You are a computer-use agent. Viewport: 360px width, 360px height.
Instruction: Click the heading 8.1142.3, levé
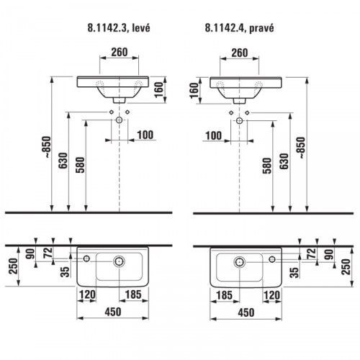(119, 28)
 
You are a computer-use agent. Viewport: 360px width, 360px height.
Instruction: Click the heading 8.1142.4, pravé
(239, 28)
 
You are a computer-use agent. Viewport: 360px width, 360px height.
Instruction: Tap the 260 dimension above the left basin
(120, 52)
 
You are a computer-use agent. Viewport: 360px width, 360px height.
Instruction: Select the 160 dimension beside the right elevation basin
(194, 91)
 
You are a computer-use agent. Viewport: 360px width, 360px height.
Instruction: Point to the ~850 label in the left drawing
(47, 147)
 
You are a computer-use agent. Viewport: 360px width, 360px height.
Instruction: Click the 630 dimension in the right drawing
(284, 161)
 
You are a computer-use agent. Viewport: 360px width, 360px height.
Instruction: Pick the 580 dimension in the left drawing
(80, 165)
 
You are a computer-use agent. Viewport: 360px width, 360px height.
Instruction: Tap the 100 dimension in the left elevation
(145, 135)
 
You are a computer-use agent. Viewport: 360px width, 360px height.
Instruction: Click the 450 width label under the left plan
(113, 312)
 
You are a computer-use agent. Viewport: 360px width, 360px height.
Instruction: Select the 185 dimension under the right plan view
(224, 295)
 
